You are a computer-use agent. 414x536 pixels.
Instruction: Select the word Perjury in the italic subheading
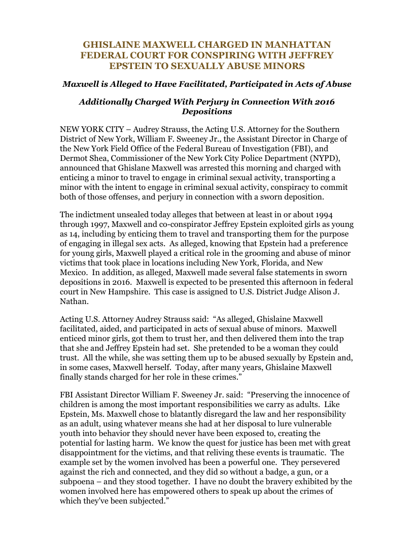click(193, 102)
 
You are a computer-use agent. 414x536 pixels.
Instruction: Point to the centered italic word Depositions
click(207, 111)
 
